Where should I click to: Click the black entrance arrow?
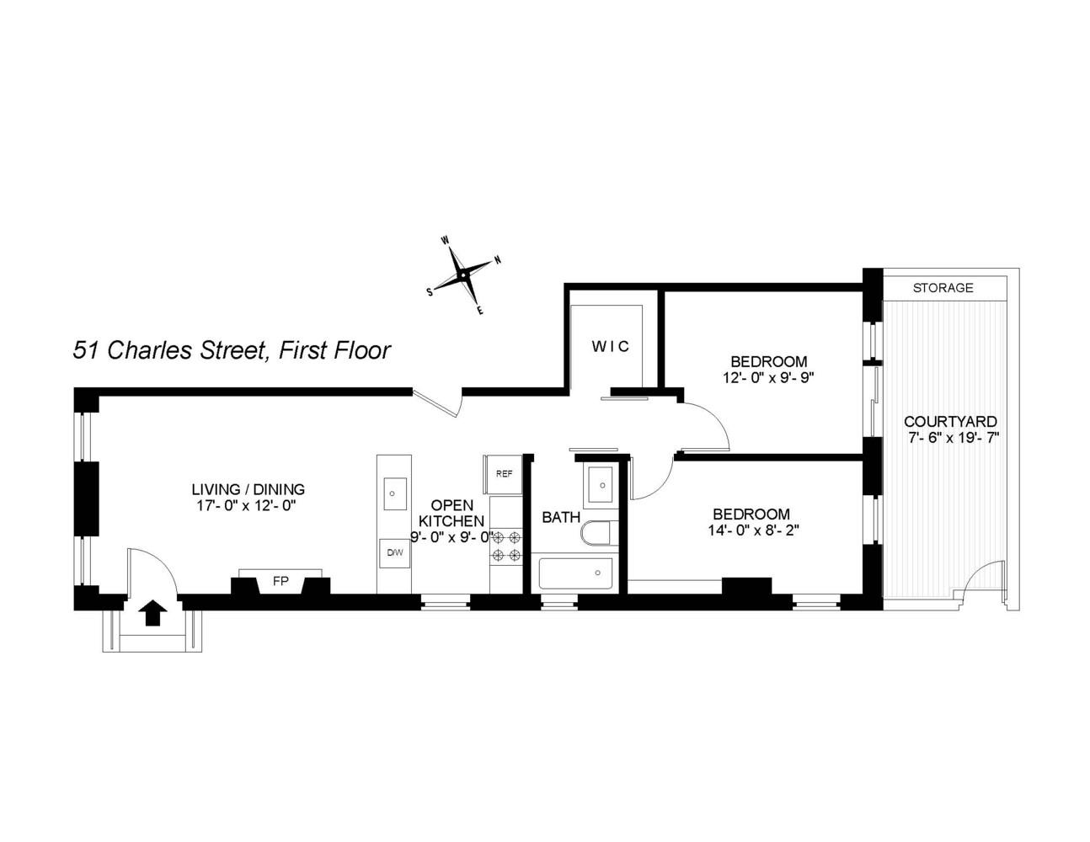(152, 613)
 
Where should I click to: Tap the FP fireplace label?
(281, 581)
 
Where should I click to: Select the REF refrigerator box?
(503, 474)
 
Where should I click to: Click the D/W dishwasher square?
(395, 553)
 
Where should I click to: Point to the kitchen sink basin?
(394, 493)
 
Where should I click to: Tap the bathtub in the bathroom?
(575, 573)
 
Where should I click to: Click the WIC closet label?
(610, 346)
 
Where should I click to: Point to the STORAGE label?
(943, 288)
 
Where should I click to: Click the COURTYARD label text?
(950, 422)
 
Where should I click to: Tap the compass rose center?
(463, 275)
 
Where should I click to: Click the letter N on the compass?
(498, 260)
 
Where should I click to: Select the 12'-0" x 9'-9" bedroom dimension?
(767, 378)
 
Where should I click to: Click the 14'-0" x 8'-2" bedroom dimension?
(753, 530)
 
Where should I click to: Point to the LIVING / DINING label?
(248, 489)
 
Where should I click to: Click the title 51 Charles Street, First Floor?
(232, 349)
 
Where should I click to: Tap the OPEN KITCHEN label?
(452, 513)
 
